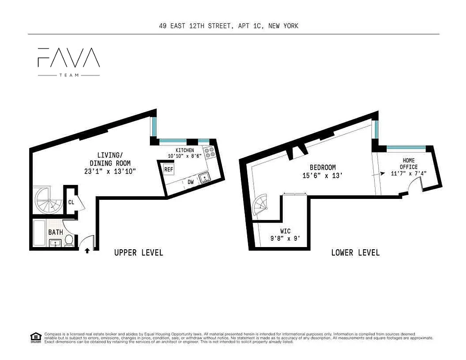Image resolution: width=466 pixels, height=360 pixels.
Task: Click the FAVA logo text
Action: coord(68,57)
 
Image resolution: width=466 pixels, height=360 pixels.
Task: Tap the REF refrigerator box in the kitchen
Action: coord(168,170)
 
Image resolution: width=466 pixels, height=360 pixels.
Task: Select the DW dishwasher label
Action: coord(191,182)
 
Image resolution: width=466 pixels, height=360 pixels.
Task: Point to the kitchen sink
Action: coord(205,178)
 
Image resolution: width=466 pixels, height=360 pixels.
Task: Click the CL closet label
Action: coord(71,202)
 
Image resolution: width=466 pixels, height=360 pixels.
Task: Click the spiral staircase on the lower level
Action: coord(262,206)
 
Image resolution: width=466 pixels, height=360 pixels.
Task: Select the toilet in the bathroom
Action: coord(69,240)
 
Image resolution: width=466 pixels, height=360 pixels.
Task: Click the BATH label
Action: coord(56,232)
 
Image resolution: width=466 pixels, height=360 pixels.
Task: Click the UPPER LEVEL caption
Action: coord(139,253)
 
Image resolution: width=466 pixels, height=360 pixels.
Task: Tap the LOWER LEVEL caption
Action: coord(355,253)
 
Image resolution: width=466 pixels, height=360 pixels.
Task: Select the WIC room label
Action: coord(285,232)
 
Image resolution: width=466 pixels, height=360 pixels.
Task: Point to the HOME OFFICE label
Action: coord(409,164)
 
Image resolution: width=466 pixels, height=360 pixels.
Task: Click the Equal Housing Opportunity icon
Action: coord(35,337)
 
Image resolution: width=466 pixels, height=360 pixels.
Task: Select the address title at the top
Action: coord(229,26)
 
